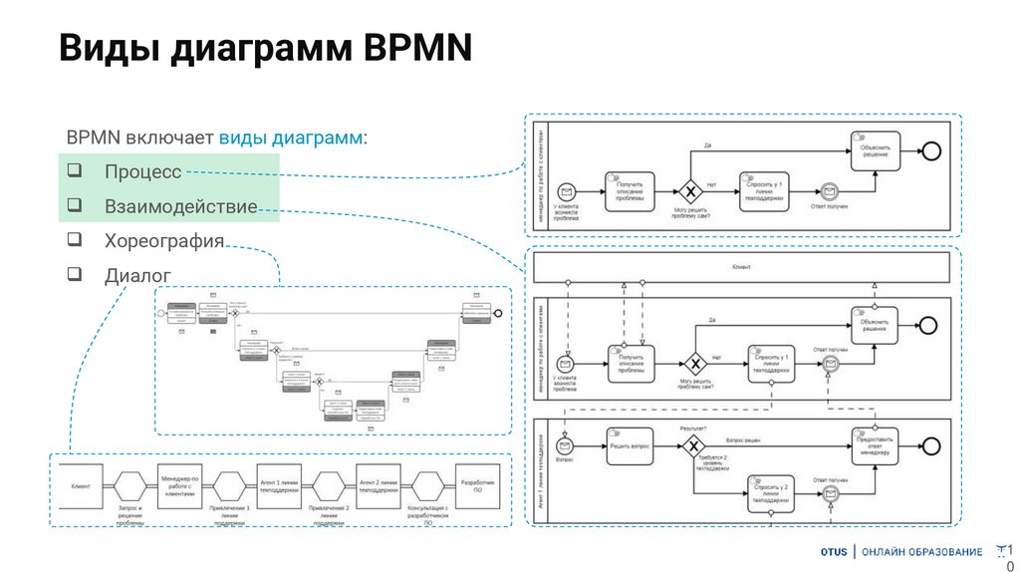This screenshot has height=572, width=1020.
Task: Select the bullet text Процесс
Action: click(x=142, y=172)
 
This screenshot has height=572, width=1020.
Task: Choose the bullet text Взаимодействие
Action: click(x=180, y=207)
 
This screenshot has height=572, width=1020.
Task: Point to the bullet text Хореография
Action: click(x=163, y=241)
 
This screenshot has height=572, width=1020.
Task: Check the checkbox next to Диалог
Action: click(x=75, y=274)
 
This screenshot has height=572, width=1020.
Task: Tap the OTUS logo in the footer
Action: click(x=835, y=552)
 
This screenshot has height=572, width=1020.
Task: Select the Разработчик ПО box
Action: click(x=476, y=485)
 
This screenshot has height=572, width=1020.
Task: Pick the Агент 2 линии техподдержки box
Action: click(x=378, y=485)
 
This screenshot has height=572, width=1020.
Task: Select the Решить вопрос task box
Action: click(x=631, y=446)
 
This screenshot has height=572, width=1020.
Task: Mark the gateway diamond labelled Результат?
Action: click(x=692, y=445)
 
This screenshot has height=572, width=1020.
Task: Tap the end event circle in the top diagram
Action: click(x=930, y=150)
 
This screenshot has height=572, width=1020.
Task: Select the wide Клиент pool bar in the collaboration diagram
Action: click(x=741, y=267)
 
